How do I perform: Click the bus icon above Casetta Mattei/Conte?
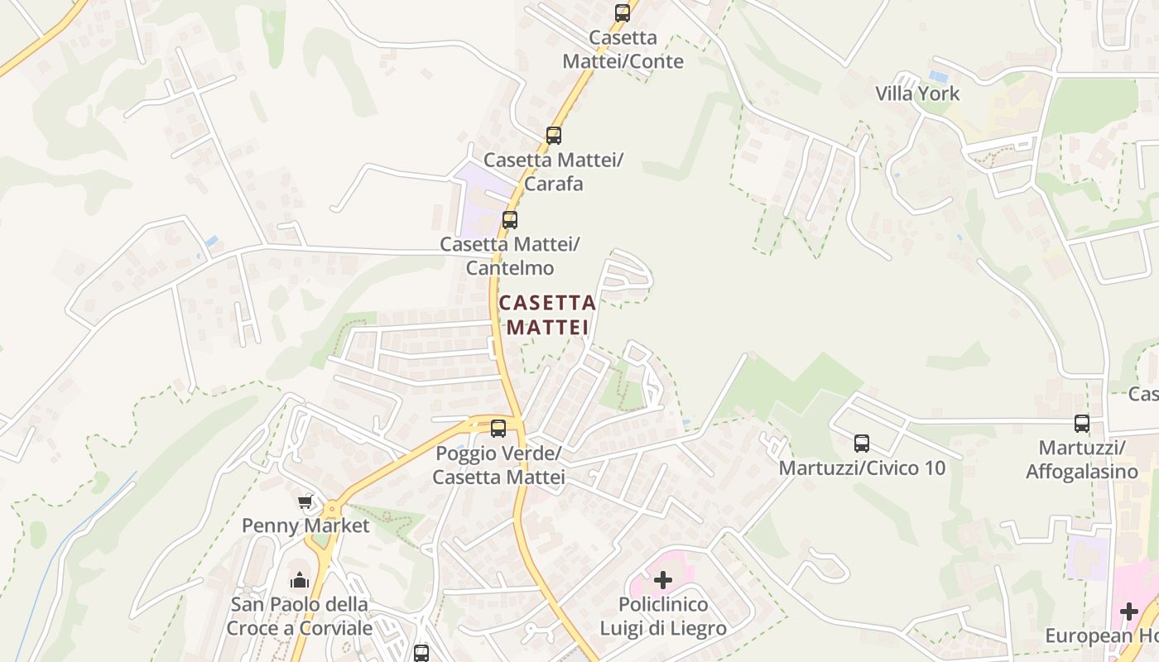tap(622, 13)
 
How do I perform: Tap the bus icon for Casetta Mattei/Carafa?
tap(553, 136)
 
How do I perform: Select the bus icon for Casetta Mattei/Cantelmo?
tap(509, 220)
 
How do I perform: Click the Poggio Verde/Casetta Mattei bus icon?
tap(498, 429)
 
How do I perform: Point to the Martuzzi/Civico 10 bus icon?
tap(862, 444)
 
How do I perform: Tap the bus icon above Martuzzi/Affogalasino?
tap(1081, 424)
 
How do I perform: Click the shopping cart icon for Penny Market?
tap(305, 501)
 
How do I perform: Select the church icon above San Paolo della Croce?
tap(298, 580)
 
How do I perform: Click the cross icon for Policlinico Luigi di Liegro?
tap(662, 580)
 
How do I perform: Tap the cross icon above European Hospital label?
tap(1128, 612)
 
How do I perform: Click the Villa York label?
tap(917, 94)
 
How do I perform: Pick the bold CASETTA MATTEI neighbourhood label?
tap(547, 315)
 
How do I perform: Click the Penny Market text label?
tap(305, 525)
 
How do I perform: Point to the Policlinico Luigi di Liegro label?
tap(662, 616)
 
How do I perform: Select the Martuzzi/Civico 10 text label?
tap(862, 468)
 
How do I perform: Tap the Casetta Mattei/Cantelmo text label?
tap(509, 256)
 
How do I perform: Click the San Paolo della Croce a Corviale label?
tap(299, 616)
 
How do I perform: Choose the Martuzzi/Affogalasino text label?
tap(1082, 460)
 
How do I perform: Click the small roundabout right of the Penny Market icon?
tap(332, 509)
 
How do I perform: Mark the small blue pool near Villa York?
tap(937, 76)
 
